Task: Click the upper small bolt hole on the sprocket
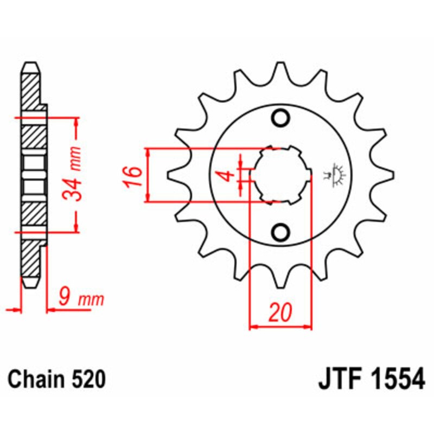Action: click(x=281, y=118)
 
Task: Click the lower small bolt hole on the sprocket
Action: click(x=281, y=233)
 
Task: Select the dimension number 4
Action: click(x=228, y=176)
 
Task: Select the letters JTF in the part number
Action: click(x=340, y=379)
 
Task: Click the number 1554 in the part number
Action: click(x=395, y=379)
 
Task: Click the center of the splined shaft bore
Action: click(x=281, y=175)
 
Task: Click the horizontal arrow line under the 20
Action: click(x=280, y=327)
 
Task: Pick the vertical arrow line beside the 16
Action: click(x=147, y=175)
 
